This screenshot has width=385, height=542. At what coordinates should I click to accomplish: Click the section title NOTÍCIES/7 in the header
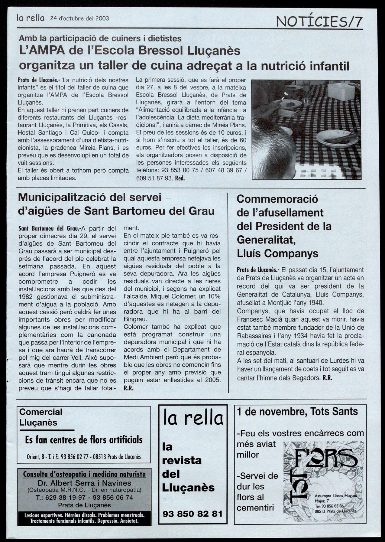tap(319, 21)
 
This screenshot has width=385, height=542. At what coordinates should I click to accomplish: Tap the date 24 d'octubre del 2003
tap(79, 18)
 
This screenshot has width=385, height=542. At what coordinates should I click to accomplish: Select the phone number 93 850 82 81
tap(192, 514)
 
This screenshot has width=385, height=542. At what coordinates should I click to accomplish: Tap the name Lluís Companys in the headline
tap(277, 253)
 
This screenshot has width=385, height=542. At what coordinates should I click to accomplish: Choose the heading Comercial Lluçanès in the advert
tap(40, 417)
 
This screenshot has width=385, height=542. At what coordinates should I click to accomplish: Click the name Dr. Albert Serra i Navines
tap(84, 483)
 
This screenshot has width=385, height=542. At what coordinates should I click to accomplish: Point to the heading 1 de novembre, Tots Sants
tap(297, 411)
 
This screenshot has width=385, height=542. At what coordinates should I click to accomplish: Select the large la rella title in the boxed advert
tap(193, 418)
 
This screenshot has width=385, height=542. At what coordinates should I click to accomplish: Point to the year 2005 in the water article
tap(213, 380)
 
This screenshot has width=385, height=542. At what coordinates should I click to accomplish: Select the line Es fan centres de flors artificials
tap(84, 439)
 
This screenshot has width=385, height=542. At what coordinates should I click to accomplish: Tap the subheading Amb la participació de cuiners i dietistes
tap(100, 38)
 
